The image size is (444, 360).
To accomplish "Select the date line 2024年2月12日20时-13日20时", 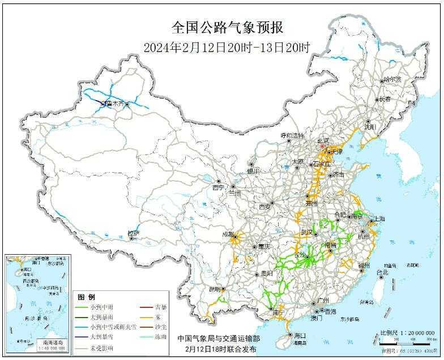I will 227,48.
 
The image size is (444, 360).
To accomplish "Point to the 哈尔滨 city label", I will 391,80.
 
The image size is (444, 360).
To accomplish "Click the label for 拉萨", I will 133,233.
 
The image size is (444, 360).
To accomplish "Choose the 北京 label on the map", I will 322,140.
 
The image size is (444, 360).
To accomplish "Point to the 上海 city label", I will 378,219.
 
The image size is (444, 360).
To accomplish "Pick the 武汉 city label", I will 308,232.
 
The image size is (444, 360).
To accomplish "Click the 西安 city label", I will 265,207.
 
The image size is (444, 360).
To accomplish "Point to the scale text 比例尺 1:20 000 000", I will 407,333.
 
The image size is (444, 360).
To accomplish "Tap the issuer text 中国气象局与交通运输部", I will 218,338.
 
